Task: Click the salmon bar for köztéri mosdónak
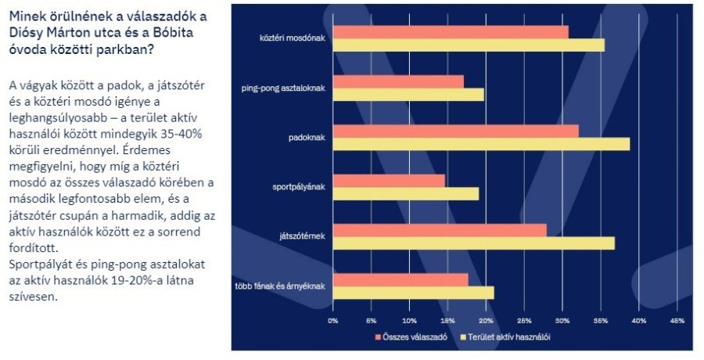click(x=450, y=32)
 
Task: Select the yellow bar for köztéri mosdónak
click(x=468, y=45)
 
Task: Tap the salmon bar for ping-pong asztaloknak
click(x=397, y=81)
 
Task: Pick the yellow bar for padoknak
click(x=480, y=144)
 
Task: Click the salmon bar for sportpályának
click(x=388, y=181)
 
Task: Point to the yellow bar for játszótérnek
click(x=473, y=243)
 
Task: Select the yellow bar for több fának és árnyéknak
click(x=413, y=293)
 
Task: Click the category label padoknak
click(x=308, y=137)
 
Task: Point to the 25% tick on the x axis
click(x=524, y=321)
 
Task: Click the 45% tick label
click(x=677, y=321)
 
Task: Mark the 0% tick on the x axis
click(x=332, y=321)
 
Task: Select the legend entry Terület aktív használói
click(x=508, y=337)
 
